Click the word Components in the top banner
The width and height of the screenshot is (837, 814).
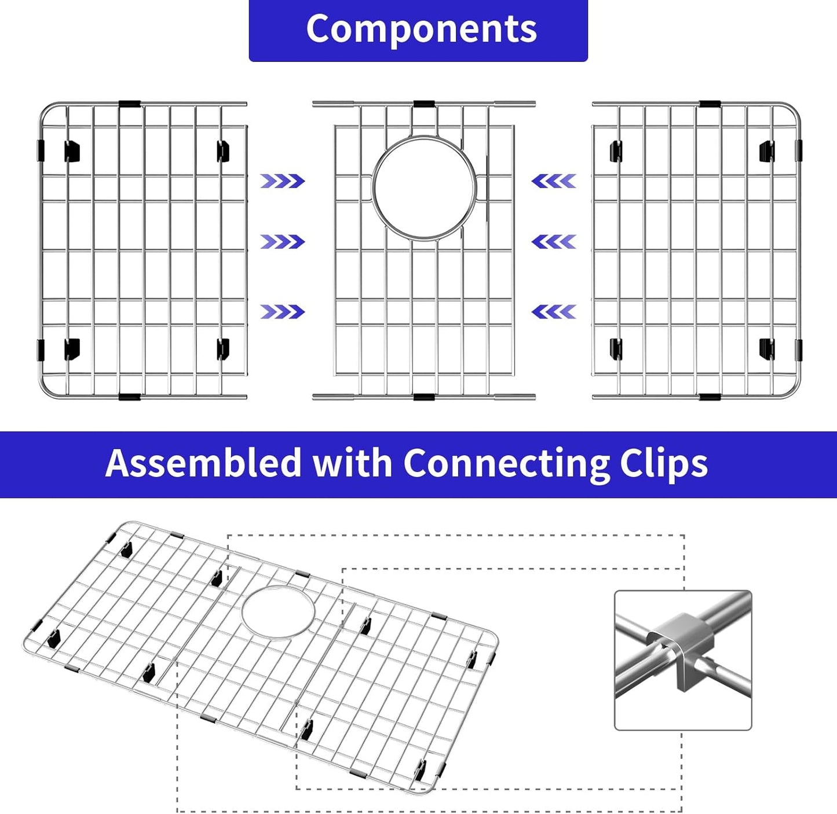tap(421, 30)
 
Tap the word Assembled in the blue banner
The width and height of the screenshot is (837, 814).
tap(203, 463)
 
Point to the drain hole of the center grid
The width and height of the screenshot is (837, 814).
tap(425, 188)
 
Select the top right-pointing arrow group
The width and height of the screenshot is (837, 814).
tap(282, 181)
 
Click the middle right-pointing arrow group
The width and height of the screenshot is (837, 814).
tap(282, 241)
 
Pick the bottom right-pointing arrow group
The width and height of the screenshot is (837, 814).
tap(282, 312)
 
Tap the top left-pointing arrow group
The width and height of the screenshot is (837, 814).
tap(554, 181)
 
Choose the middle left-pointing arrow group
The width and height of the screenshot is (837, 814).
tap(554, 241)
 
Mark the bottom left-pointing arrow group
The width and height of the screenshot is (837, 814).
tap(554, 312)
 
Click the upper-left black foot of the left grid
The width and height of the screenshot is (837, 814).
tap(72, 151)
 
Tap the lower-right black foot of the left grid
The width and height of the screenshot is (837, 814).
tap(223, 349)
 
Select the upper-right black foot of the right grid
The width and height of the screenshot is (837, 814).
tap(767, 151)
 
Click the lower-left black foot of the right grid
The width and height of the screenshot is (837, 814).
tap(616, 349)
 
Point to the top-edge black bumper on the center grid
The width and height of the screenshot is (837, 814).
tap(424, 104)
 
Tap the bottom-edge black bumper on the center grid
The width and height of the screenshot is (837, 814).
tap(424, 397)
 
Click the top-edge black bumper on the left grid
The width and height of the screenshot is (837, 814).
tap(130, 104)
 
